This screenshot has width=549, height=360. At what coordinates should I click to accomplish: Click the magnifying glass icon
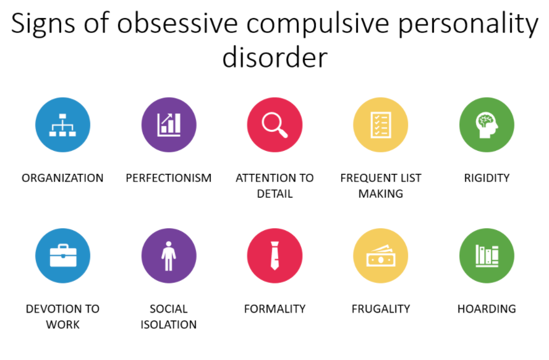pos(274,125)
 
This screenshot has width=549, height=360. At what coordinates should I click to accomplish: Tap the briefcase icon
pos(63,255)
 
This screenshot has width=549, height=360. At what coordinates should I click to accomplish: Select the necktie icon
pos(275,255)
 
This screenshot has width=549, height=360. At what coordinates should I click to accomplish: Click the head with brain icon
pos(487,125)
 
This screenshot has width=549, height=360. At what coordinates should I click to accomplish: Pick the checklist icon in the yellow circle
pos(381,125)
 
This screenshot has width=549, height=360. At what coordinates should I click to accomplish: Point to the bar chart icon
pos(169,125)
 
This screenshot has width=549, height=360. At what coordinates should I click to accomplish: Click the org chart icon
pos(62,125)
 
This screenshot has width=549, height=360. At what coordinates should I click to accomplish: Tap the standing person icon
pos(169,256)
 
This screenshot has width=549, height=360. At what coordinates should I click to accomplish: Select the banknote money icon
pos(381,255)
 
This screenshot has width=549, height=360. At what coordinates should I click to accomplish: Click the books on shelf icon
pos(487,256)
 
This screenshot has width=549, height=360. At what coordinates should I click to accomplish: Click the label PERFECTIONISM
pos(169,178)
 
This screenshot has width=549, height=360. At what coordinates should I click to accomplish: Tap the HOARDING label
pos(487,309)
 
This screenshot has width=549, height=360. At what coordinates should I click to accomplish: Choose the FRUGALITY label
pos(381,309)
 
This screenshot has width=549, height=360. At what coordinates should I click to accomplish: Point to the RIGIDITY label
pos(487,178)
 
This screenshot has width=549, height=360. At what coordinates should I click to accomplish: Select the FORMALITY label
pos(275,309)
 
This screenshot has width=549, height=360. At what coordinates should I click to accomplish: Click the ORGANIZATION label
pos(62,178)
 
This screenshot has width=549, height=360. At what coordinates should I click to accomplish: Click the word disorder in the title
pos(275,58)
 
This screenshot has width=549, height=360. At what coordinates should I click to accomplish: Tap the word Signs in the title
pos(43,24)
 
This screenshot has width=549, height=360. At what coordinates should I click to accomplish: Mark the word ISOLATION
pos(169,325)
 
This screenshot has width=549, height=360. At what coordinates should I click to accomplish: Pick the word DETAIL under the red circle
pos(275,194)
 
